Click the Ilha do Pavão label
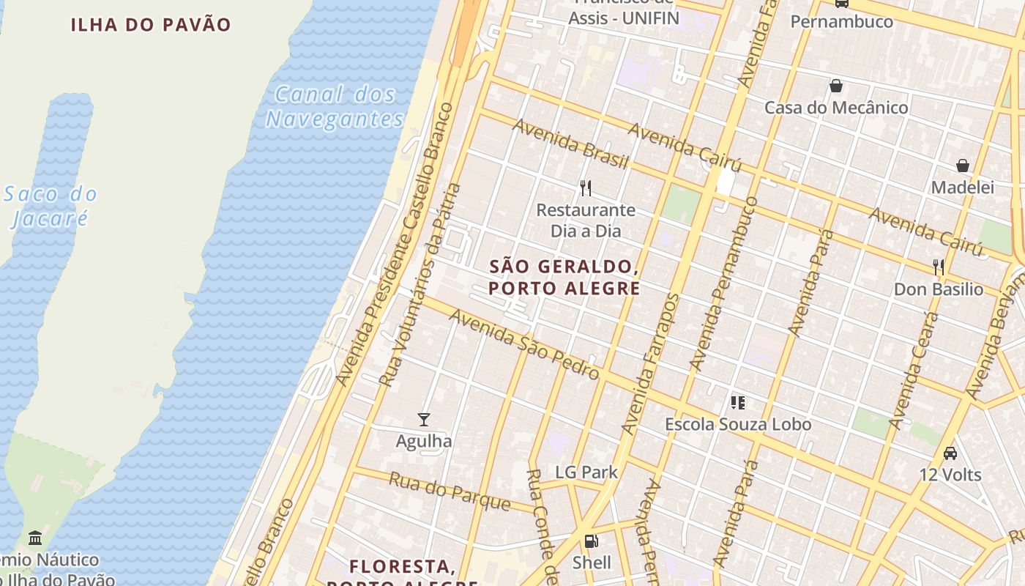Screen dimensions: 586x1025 151,24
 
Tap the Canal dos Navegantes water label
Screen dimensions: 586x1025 335,106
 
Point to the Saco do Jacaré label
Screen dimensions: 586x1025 50,206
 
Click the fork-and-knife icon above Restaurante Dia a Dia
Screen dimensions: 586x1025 586,188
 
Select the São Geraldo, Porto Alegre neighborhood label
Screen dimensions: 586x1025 564,277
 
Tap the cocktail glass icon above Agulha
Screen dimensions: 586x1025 424,420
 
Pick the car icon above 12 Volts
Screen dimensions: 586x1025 950,453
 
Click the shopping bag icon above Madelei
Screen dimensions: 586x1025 963,166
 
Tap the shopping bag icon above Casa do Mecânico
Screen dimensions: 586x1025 836,86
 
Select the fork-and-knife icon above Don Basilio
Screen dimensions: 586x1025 939,267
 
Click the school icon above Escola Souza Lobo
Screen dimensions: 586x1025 738,402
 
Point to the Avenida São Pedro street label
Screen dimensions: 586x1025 524,344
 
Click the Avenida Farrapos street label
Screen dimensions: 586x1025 649,364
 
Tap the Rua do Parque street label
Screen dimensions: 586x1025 450,491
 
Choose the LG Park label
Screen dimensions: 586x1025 586,472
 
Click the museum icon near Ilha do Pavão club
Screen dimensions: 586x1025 35,538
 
